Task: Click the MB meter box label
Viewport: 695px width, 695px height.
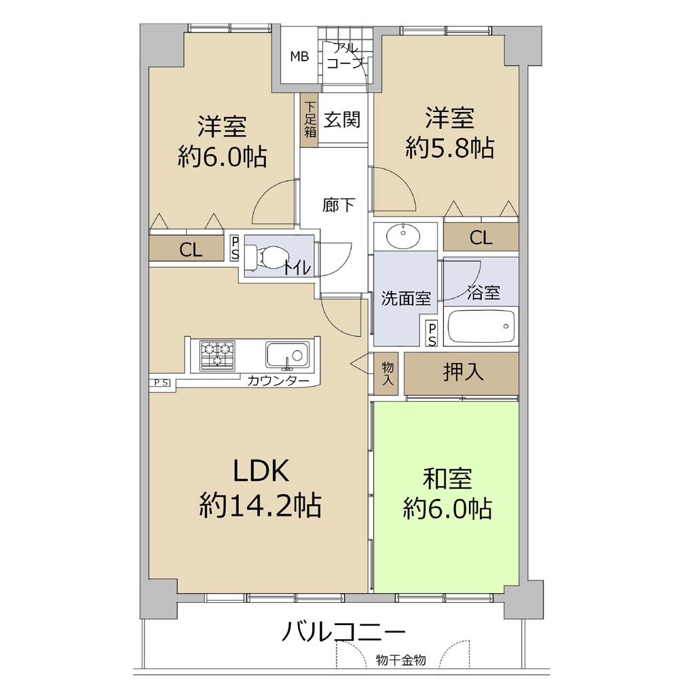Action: tap(299, 56)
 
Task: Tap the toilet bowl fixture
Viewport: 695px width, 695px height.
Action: tap(266, 258)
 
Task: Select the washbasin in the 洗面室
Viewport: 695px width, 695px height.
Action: tap(402, 236)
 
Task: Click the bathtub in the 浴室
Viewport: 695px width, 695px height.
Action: tap(482, 326)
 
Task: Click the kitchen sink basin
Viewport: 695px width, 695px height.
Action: tap(287, 354)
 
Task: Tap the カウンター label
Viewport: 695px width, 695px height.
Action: tap(278, 380)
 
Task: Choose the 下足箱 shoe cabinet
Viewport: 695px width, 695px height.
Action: tap(309, 119)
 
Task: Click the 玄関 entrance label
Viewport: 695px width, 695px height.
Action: tap(342, 120)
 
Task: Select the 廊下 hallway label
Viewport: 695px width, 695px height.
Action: tap(338, 205)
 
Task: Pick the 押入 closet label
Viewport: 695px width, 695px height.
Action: tap(463, 372)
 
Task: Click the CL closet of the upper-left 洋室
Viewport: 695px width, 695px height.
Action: tap(187, 248)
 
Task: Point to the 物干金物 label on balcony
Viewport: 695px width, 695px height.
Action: tap(400, 660)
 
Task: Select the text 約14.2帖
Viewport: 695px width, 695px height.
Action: tap(261, 505)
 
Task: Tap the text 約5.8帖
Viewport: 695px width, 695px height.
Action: tap(450, 147)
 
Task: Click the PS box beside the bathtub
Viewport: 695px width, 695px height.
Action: tap(432, 333)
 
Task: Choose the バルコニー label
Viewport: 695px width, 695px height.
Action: tap(344, 632)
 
